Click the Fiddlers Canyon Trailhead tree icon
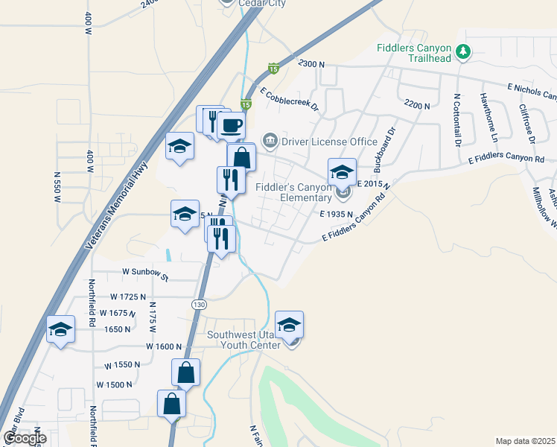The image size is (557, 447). [x=464, y=51]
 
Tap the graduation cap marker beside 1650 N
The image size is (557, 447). [x=60, y=329]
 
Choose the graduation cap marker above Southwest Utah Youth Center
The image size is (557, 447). [x=289, y=324]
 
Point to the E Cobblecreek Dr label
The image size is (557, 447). [x=289, y=101]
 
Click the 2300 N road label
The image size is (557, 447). [x=311, y=65]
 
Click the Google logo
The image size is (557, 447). [x=24, y=438]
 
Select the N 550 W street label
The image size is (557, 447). [x=57, y=187]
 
